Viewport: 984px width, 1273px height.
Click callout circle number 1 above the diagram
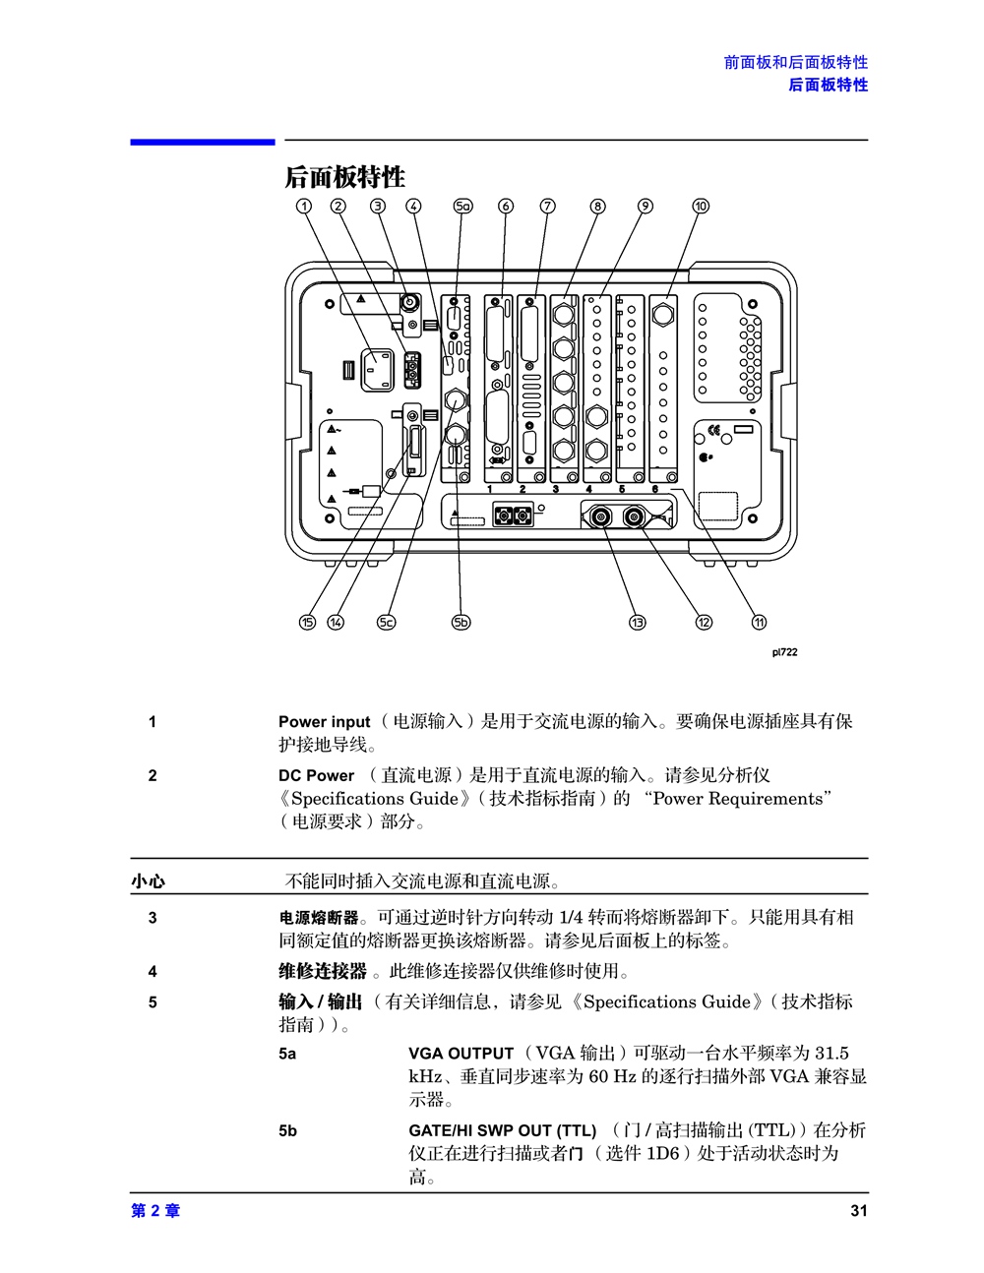(304, 206)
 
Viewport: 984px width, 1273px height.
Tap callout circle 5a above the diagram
(462, 206)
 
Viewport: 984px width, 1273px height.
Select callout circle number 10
(701, 206)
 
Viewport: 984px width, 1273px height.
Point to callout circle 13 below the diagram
(638, 622)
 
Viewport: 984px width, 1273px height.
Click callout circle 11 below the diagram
(759, 622)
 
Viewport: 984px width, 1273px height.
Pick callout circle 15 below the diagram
(307, 622)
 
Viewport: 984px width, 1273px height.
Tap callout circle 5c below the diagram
(386, 622)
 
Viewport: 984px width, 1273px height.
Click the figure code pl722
(784, 652)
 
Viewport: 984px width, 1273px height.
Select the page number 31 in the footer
(859, 1211)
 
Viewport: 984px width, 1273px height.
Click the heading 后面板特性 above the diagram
(344, 177)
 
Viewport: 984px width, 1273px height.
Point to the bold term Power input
(324, 722)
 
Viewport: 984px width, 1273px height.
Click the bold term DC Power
(316, 775)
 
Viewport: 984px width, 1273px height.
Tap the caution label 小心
(148, 881)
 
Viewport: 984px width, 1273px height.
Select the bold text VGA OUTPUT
(461, 1054)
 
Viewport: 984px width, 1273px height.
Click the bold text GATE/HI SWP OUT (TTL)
(502, 1130)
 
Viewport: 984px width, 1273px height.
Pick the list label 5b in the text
(287, 1130)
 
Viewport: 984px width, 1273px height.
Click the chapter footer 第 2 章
(155, 1211)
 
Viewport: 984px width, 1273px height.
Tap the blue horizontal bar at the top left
(202, 143)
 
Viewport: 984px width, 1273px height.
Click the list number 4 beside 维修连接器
(153, 972)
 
